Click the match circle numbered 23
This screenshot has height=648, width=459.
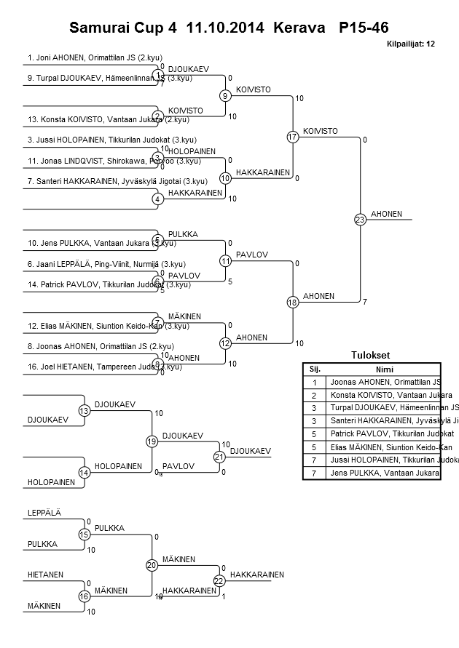click(x=359, y=220)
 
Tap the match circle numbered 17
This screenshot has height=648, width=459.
click(x=293, y=137)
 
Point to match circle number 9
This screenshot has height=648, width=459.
click(x=226, y=95)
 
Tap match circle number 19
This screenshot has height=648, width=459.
click(x=152, y=441)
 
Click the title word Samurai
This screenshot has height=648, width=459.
click(x=98, y=28)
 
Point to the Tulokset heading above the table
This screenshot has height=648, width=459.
click(x=371, y=356)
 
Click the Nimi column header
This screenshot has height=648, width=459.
click(x=385, y=369)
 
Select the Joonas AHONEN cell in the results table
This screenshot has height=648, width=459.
click(x=385, y=381)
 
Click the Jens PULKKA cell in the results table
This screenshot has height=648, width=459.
click(x=385, y=473)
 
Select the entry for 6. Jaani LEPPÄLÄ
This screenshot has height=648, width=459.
click(x=106, y=264)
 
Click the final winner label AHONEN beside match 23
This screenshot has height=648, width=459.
click(x=383, y=214)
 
